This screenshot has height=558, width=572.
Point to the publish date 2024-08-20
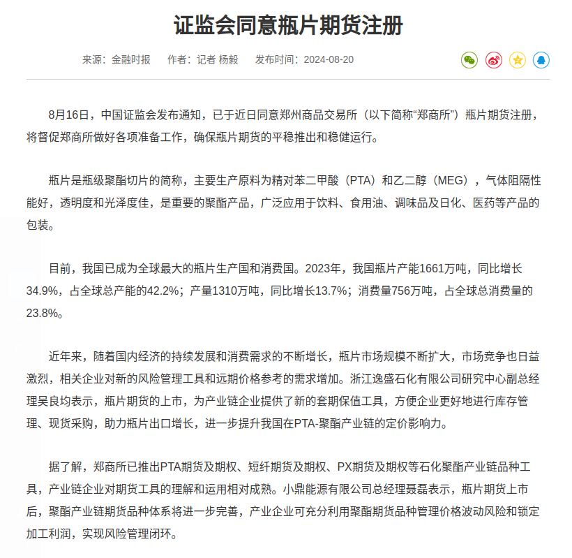(x=328, y=59)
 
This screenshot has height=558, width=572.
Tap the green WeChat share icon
(x=469, y=60)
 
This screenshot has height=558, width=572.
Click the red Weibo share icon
(x=493, y=60)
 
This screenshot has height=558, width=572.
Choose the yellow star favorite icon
(x=518, y=60)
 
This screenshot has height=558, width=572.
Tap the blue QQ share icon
(x=541, y=60)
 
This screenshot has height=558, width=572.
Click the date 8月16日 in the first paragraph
(x=70, y=115)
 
